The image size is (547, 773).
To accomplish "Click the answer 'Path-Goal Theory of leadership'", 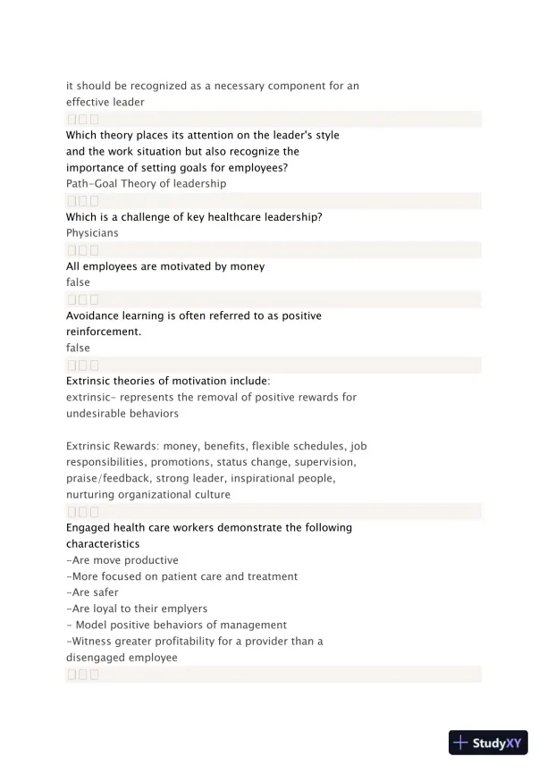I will coord(146,184).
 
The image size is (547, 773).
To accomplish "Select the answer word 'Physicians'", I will coord(92,233).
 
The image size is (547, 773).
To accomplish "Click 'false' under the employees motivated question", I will coord(78,282).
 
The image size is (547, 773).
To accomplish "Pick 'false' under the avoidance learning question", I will coord(78,349).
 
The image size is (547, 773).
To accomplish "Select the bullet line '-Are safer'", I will coord(92,592).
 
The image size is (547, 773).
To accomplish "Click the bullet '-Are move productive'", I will coord(122,560).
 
